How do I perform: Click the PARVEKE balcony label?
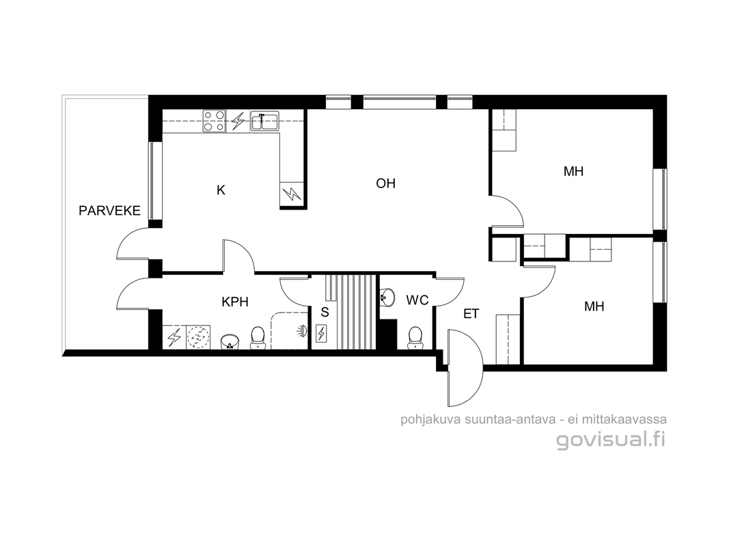point(110,211)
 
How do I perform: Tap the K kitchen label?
point(221,190)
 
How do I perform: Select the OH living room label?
point(386,184)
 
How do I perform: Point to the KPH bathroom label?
point(235,302)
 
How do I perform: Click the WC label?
point(417,300)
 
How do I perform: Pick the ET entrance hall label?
point(471,315)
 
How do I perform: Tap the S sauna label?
point(325,313)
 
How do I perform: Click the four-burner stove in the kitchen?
point(215,121)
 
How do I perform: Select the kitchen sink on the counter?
point(264,121)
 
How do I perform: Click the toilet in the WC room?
point(415,338)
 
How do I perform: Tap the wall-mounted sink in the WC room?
point(387,297)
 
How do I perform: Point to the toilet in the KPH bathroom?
point(258,338)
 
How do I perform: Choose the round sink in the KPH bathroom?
point(230,341)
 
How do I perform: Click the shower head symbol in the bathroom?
point(302,330)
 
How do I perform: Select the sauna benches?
point(350,311)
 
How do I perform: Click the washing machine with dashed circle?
point(198,338)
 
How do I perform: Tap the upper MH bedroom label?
point(573,171)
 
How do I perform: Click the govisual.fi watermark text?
point(611,440)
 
